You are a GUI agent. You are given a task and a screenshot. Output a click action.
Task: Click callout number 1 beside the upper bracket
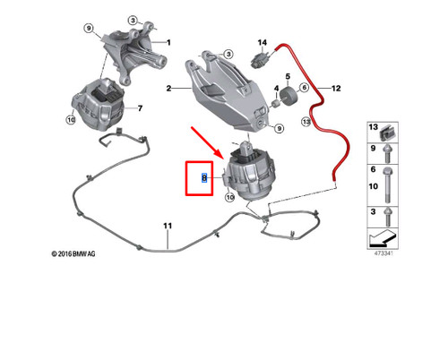coord(165,42)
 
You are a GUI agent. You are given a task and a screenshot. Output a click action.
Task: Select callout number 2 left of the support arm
coord(168,89)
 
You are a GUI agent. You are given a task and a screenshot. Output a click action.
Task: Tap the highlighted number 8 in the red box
coord(204,178)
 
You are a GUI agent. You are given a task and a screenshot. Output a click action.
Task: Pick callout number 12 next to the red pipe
coord(337,89)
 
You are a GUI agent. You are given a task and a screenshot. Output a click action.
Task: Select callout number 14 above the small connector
coord(263,43)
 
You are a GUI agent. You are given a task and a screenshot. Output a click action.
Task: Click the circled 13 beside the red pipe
coord(305,121)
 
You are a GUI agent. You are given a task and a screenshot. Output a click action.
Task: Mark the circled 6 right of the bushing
coord(305,88)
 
